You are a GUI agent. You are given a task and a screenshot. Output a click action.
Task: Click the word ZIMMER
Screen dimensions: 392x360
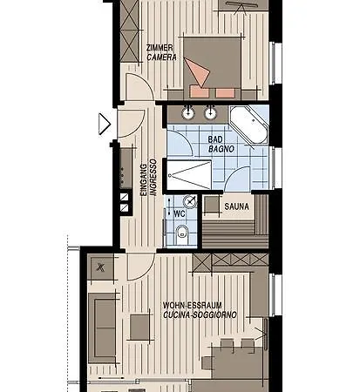159,48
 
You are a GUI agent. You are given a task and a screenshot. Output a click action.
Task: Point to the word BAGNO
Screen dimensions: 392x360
218,150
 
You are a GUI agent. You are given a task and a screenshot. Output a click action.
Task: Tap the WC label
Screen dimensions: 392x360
180,213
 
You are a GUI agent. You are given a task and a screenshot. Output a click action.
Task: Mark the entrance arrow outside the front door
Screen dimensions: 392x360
105,124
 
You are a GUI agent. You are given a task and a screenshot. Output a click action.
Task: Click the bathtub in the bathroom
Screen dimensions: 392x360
248,126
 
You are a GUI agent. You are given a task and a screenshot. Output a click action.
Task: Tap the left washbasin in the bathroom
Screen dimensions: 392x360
187,112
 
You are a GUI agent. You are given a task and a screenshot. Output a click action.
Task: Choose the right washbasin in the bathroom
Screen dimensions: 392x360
210,112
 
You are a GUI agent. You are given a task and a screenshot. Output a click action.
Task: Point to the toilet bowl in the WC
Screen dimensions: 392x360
180,233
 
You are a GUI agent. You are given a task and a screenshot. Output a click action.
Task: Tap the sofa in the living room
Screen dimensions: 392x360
102,327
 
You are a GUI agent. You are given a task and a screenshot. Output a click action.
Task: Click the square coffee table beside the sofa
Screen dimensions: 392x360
140,327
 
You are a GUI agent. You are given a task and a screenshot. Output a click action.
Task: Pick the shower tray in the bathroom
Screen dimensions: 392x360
188,175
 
